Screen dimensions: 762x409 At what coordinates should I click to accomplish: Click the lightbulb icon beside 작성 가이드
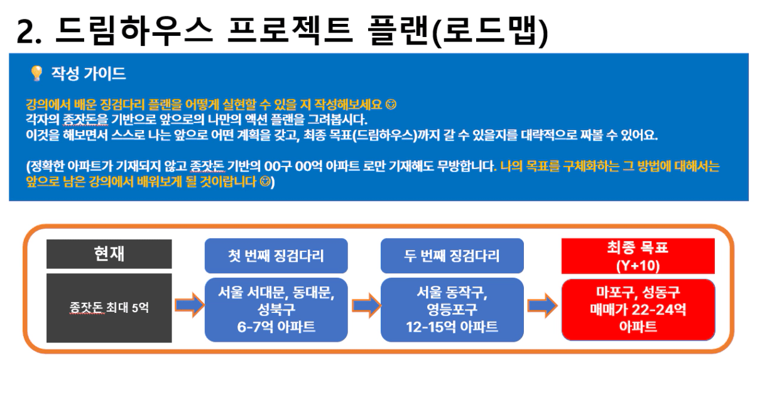pyautogui.click(x=36, y=73)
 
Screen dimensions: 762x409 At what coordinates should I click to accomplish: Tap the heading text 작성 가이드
pyautogui.click(x=89, y=74)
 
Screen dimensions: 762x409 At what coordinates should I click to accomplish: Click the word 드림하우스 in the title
pyautogui.click(x=134, y=31)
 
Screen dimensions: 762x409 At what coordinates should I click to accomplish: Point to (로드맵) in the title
pyautogui.click(x=490, y=31)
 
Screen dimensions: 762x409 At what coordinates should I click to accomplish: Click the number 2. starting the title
pyautogui.click(x=28, y=32)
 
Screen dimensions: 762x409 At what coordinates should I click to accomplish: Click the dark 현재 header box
pyautogui.click(x=109, y=254)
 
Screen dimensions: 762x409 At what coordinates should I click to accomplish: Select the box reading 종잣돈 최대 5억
pyautogui.click(x=109, y=308)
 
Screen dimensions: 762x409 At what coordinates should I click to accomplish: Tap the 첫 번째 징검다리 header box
pyautogui.click(x=276, y=256)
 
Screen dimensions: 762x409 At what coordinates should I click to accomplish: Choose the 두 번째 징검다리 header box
pyautogui.click(x=452, y=256)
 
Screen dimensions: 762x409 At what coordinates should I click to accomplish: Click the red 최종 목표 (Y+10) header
pyautogui.click(x=638, y=256)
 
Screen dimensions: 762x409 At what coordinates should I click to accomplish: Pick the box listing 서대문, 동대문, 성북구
pyautogui.click(x=276, y=310)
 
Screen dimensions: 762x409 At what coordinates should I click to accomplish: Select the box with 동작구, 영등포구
pyautogui.click(x=452, y=310)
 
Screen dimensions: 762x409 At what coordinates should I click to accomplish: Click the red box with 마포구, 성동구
pyautogui.click(x=638, y=310)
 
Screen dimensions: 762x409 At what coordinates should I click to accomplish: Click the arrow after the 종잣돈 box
pyautogui.click(x=190, y=305)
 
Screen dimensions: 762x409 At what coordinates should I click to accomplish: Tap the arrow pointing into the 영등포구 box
pyautogui.click(x=366, y=305)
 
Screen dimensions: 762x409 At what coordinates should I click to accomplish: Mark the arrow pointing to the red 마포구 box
pyautogui.click(x=542, y=305)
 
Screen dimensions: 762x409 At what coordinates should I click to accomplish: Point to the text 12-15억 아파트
pyautogui.click(x=452, y=327)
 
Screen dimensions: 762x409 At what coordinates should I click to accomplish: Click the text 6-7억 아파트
pyautogui.click(x=276, y=327)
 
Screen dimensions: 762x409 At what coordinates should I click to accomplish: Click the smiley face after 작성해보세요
pyautogui.click(x=391, y=104)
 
